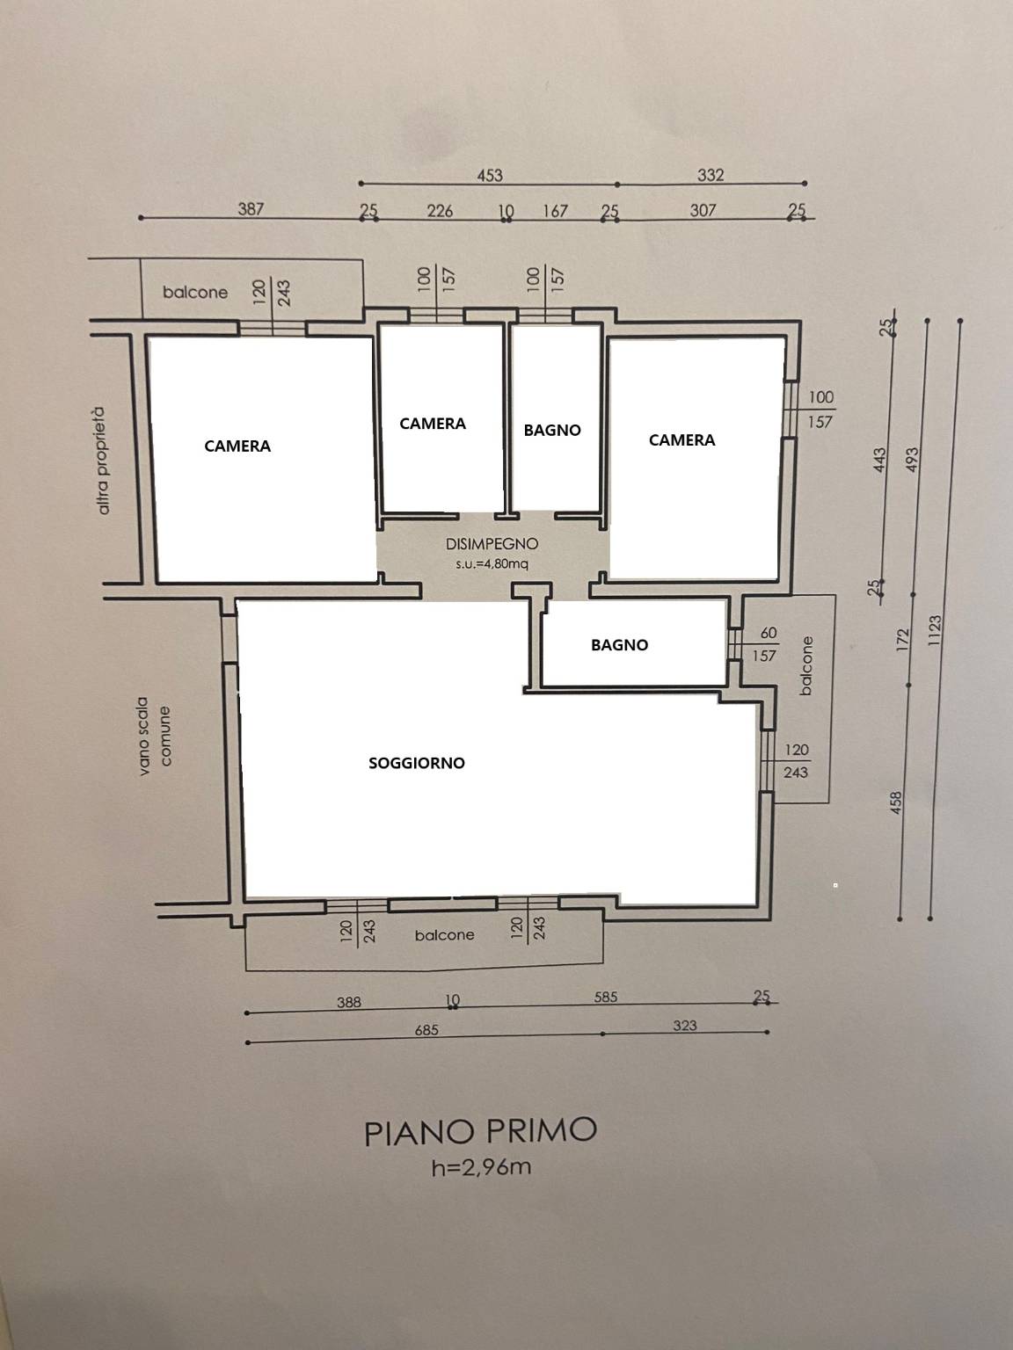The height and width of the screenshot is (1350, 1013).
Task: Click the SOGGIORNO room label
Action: pyautogui.click(x=417, y=763)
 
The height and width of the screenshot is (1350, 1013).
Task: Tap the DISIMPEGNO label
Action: pyautogui.click(x=492, y=544)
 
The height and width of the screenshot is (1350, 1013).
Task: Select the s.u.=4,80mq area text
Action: pyautogui.click(x=492, y=564)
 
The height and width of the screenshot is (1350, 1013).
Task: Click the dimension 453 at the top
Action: pyautogui.click(x=490, y=176)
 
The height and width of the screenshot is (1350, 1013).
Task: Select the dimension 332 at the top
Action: pyautogui.click(x=711, y=175)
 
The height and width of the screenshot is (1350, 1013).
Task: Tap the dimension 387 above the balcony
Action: pyautogui.click(x=251, y=209)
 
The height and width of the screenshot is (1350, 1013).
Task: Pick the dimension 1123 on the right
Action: pyautogui.click(x=935, y=630)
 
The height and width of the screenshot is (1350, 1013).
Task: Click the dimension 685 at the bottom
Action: pyautogui.click(x=426, y=1029)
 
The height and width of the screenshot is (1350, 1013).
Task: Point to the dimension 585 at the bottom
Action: pyautogui.click(x=605, y=997)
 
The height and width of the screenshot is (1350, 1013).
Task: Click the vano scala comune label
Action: pyautogui.click(x=155, y=736)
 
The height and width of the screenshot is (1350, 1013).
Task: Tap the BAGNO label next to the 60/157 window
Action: pyautogui.click(x=619, y=645)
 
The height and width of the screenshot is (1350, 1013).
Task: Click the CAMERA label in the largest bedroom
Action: pyautogui.click(x=237, y=446)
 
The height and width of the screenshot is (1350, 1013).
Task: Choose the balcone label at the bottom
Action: pyautogui.click(x=445, y=935)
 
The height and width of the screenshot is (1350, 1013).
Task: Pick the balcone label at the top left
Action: pyautogui.click(x=195, y=292)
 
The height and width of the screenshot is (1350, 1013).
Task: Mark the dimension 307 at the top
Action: pyautogui.click(x=703, y=211)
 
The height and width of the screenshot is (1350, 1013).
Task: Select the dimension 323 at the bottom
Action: pyautogui.click(x=684, y=1026)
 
